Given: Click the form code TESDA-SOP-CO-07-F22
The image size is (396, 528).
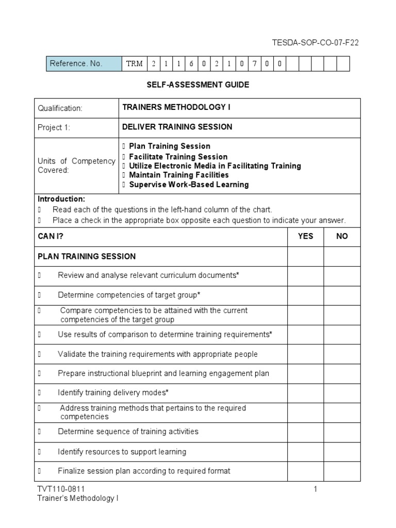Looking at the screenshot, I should pos(315,43).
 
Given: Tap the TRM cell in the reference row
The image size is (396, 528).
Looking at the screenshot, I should pos(134,64).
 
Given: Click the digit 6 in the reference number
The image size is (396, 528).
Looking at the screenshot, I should pos(191,64).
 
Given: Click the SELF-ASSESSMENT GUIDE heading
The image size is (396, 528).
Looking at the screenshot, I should pos(197,85).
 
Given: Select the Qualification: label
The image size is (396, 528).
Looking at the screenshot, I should pos(60,108).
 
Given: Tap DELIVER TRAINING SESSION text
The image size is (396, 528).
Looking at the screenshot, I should pos(177,127).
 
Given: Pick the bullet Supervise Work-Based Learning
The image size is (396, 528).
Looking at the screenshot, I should pos(188,185).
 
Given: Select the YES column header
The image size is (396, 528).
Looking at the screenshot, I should pos(305,237).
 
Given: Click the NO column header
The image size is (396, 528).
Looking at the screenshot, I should pos(342,237).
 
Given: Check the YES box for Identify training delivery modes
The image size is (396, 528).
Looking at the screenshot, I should pos(305,393).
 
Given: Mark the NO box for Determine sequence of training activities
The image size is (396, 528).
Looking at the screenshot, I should pos(342,432).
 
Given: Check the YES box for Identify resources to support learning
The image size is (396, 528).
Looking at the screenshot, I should pos(305,452).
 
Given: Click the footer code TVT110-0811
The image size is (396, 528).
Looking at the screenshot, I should pos(61,489).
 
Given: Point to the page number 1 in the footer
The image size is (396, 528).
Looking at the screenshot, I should pos(316,489).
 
